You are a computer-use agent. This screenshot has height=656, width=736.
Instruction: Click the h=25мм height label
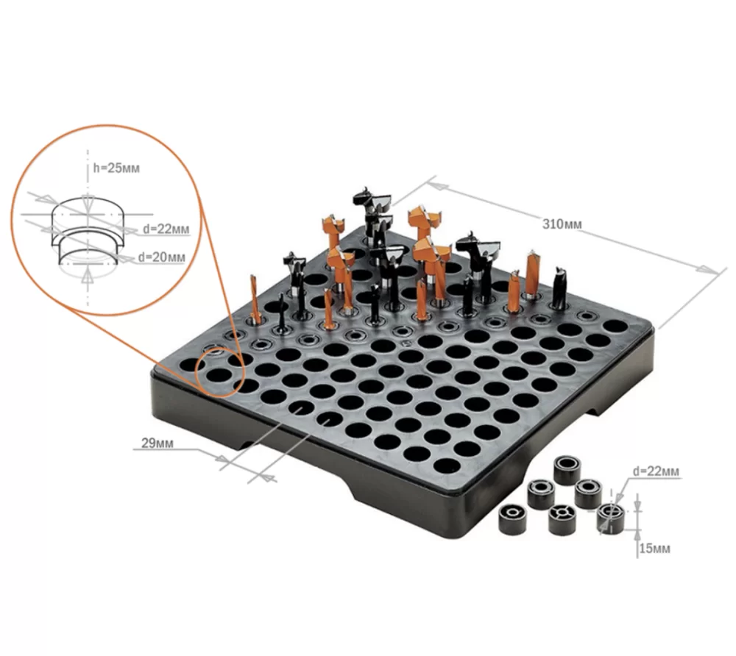(116, 168)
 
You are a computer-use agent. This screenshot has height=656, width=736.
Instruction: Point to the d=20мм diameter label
(161, 257)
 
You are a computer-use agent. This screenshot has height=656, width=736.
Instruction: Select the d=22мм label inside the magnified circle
(166, 229)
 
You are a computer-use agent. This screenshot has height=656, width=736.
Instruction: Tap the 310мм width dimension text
(562, 224)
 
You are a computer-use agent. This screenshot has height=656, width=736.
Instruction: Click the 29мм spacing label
(158, 443)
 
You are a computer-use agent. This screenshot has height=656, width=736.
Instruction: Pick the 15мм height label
(654, 548)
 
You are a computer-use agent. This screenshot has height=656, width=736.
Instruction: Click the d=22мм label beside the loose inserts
(656, 471)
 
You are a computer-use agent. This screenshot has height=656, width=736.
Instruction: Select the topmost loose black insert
(567, 471)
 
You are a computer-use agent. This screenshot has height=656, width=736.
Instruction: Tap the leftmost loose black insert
(512, 520)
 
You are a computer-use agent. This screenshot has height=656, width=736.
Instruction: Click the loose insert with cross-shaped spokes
(562, 519)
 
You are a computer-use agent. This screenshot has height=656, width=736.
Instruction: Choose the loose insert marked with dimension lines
(611, 518)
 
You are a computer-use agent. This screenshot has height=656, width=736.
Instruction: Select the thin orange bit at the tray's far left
(255, 299)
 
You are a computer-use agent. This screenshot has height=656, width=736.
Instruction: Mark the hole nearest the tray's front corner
(447, 466)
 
